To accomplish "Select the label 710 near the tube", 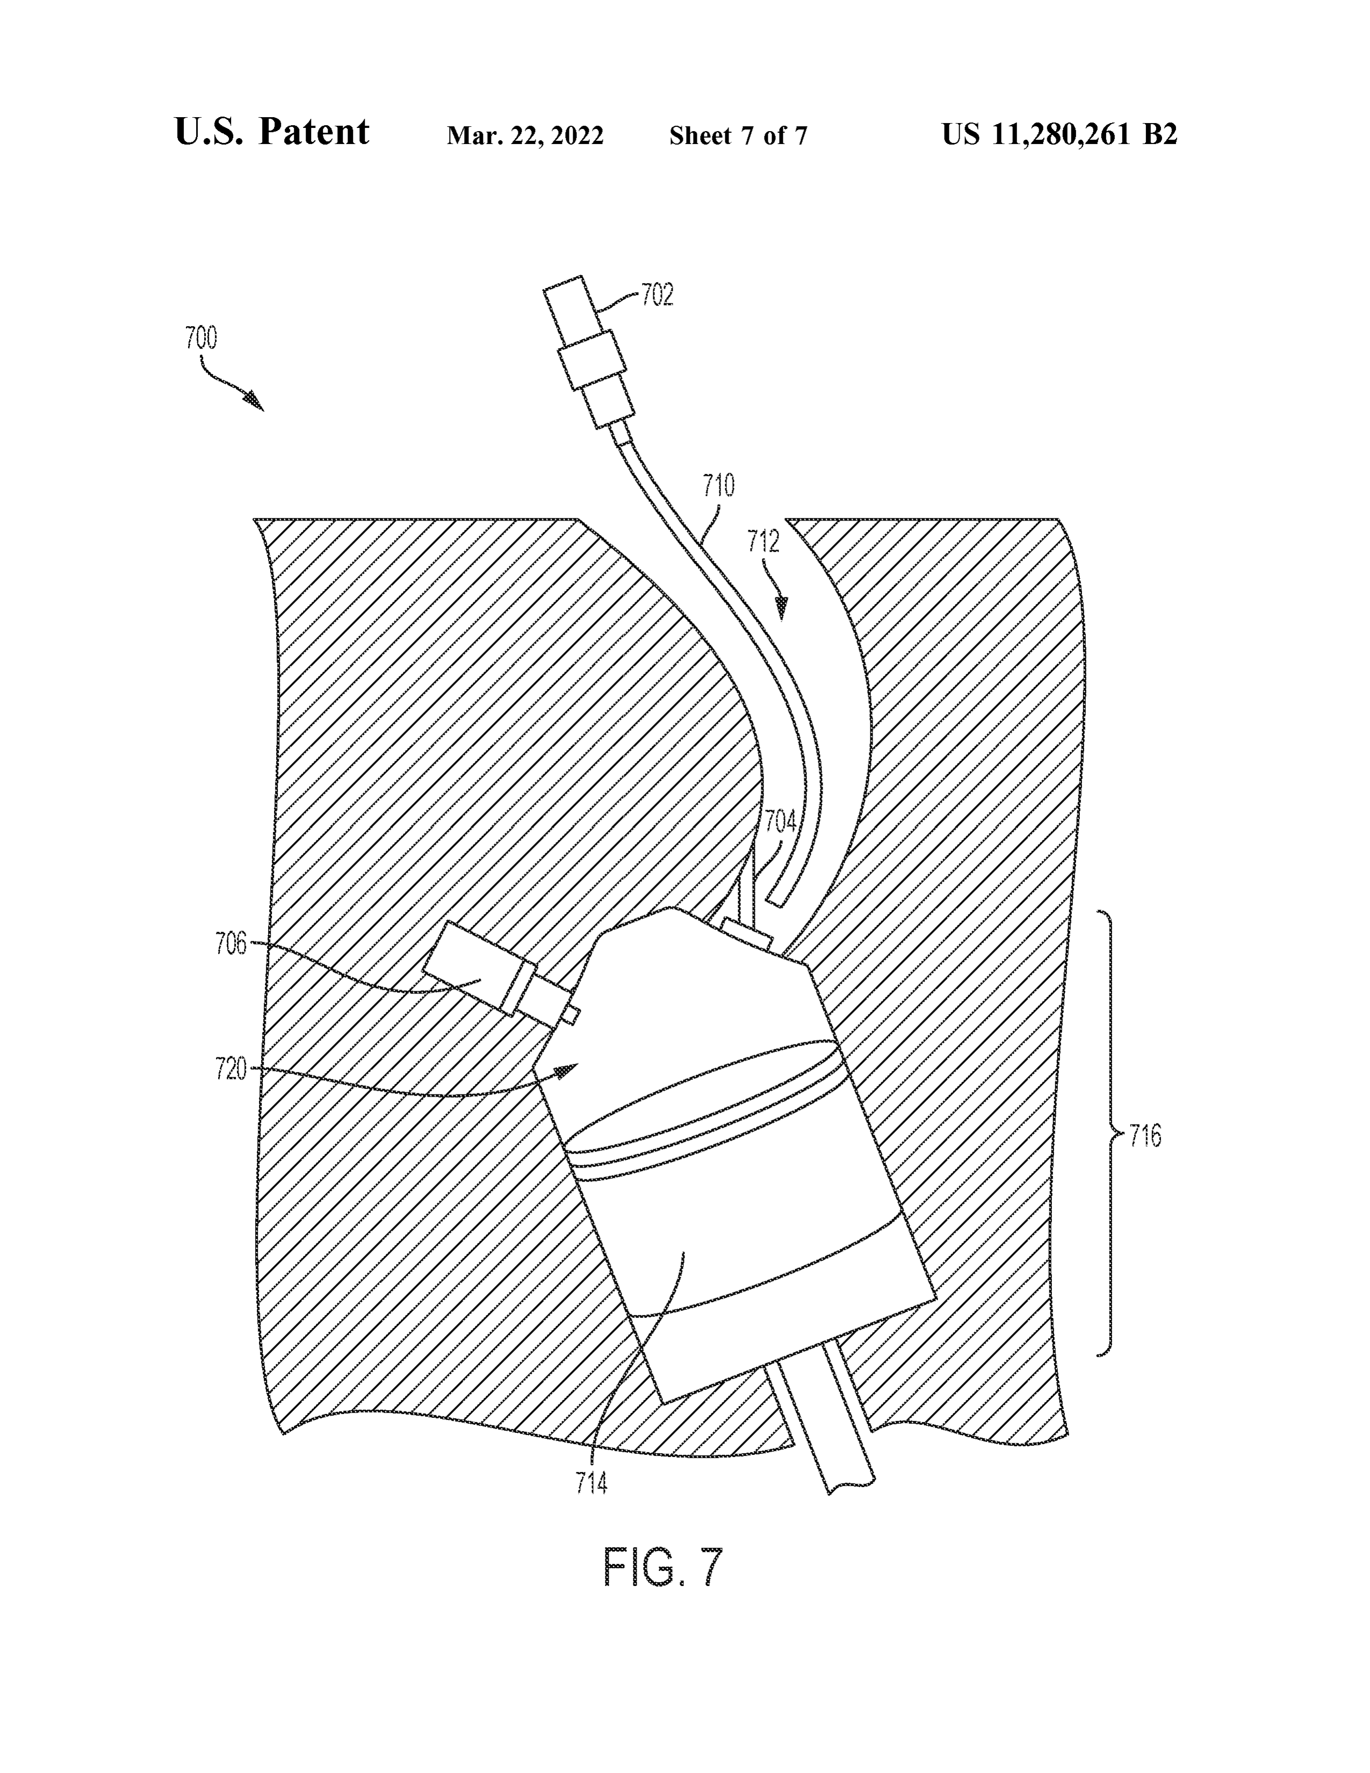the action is (x=718, y=486).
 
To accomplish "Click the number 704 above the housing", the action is (x=780, y=823).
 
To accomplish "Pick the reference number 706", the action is (x=232, y=944).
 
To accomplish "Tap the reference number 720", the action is (x=232, y=1069).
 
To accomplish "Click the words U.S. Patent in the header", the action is (x=272, y=132).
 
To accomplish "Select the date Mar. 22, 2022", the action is (x=525, y=135).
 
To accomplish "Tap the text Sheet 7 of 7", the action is (x=738, y=135).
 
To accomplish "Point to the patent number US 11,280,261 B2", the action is (x=1059, y=134).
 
